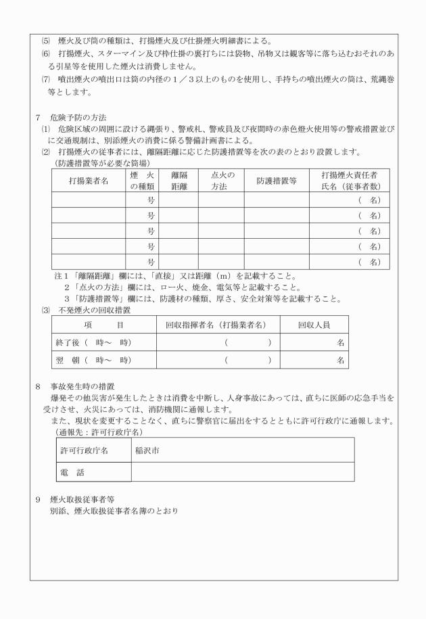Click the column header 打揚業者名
[x=89, y=181]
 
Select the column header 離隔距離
[x=179, y=181]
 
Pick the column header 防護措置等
[x=277, y=181]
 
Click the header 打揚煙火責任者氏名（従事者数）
[x=349, y=181]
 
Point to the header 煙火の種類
[x=142, y=181]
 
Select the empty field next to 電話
[x=242, y=471]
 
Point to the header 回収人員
[x=314, y=325]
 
